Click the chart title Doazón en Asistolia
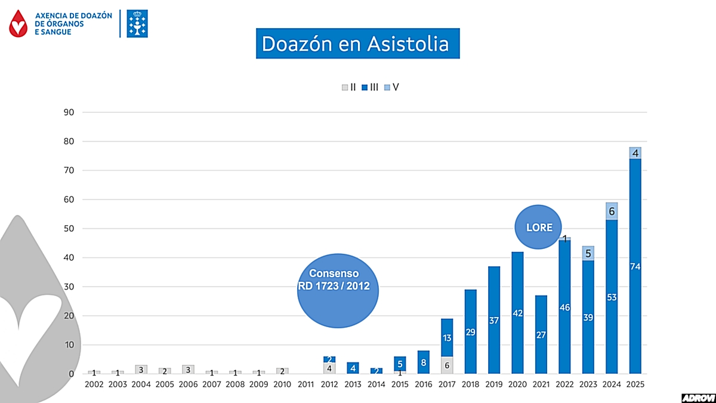click(357, 43)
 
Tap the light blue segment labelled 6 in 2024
click(612, 211)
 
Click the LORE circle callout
click(539, 227)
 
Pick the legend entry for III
click(371, 87)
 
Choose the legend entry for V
click(392, 87)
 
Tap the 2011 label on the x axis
click(305, 385)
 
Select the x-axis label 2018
click(470, 385)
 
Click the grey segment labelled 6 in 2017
click(447, 365)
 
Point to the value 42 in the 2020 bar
click(517, 313)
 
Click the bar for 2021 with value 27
click(541, 334)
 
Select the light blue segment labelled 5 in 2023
click(588, 253)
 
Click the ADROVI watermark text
click(698, 397)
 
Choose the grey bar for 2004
click(141, 370)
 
